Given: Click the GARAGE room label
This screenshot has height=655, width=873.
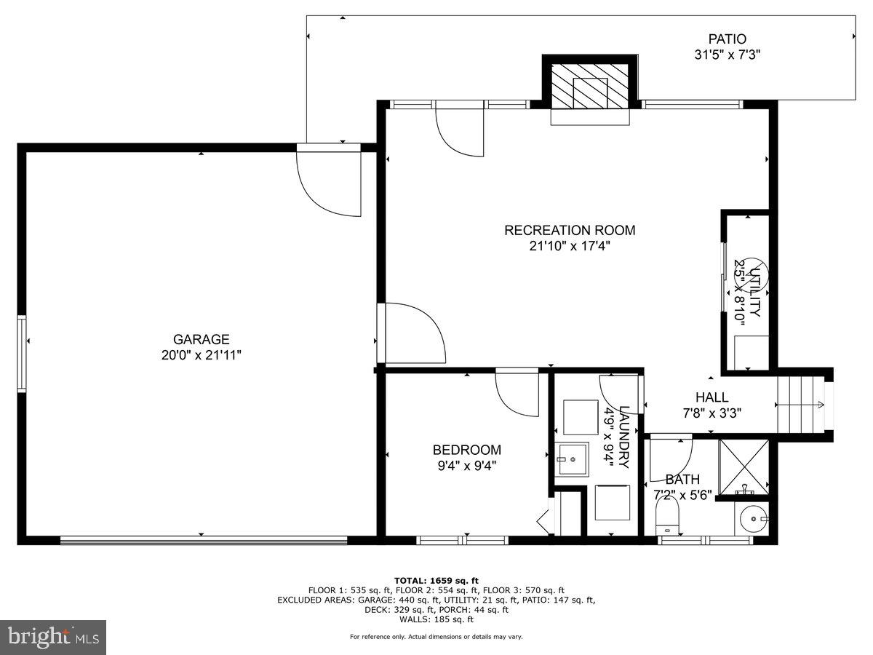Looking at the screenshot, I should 201,339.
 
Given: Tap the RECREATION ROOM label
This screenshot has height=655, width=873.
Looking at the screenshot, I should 570,230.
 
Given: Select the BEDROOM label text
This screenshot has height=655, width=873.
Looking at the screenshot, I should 466,450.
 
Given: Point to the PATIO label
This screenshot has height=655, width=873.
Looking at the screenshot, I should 727,39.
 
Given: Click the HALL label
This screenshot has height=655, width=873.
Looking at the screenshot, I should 711,397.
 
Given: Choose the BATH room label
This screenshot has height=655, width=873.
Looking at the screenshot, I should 682,480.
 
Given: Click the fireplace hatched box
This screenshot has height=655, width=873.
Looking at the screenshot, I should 590,84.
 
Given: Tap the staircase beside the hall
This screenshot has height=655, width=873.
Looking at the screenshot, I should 800,405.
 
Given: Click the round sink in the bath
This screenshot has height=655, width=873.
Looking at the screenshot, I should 753,520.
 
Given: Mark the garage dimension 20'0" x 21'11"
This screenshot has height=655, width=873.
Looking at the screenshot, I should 201,355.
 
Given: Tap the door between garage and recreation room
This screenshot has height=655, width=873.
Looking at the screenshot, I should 411,333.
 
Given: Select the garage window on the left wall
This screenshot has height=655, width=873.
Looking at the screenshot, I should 22,354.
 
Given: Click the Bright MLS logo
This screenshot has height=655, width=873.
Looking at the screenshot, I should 53,637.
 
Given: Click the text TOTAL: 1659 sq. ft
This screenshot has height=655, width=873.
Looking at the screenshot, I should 436,580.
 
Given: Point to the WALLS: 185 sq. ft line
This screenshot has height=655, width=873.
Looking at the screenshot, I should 436,619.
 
